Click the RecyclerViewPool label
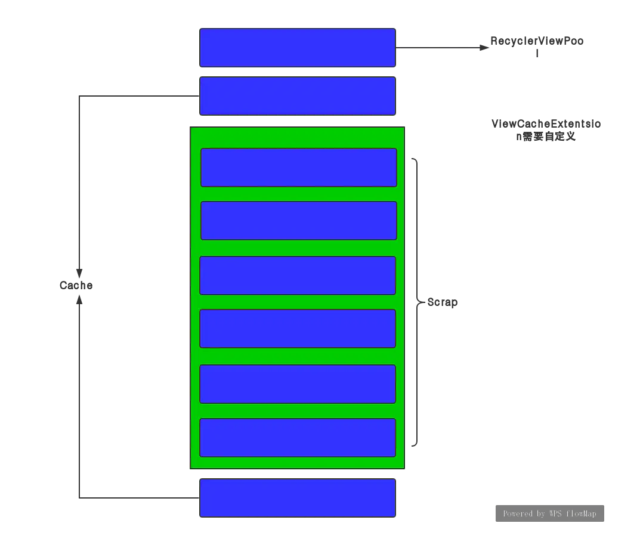click(x=537, y=42)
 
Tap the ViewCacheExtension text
click(x=546, y=124)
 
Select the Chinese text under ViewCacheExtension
click(x=546, y=137)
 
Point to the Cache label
click(x=76, y=286)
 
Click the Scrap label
click(x=442, y=303)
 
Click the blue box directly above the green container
click(x=297, y=95)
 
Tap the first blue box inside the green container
click(x=298, y=168)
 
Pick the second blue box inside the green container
click(x=298, y=221)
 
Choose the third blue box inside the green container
click(x=298, y=276)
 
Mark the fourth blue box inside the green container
click(x=298, y=329)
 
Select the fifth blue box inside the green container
click(x=298, y=384)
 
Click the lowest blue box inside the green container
click(x=298, y=438)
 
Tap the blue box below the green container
click(x=297, y=498)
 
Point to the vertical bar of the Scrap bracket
click(x=417, y=239)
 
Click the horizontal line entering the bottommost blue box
click(x=137, y=497)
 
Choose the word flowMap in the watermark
click(x=582, y=513)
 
